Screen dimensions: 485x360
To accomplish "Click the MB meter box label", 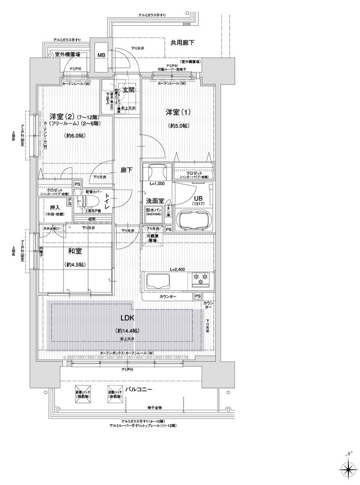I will coord(102,55).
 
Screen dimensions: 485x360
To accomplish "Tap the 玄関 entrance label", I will coord(128,90).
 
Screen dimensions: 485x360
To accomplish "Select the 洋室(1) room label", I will coord(178,113).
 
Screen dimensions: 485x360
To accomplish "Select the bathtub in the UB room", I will coord(192,220).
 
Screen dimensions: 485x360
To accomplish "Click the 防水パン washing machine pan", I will coord(155,213).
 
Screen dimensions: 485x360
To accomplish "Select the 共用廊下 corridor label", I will coord(182,43).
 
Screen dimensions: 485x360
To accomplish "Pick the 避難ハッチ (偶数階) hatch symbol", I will coord(81,393).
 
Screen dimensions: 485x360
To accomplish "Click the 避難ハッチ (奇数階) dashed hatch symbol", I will coord(115,393).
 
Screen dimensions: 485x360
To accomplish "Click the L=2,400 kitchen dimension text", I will coord(178,269).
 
